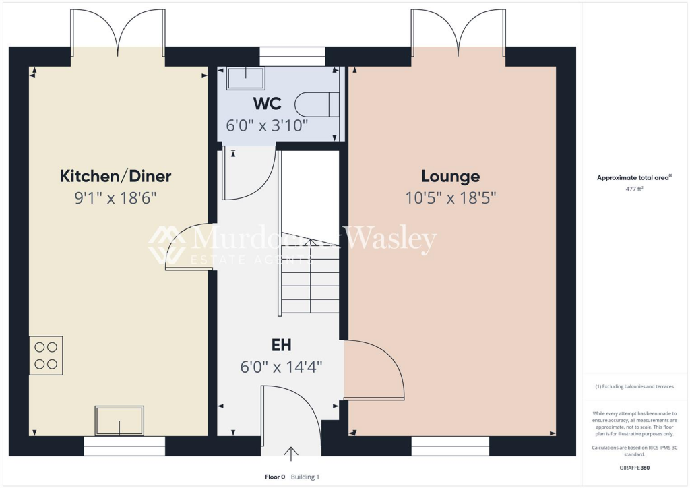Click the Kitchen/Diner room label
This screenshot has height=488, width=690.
click(116, 177)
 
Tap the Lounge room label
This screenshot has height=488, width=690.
click(450, 177)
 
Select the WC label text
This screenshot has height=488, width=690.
click(267, 104)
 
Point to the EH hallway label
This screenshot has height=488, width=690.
click(281, 346)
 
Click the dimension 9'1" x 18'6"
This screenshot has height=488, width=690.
click(116, 198)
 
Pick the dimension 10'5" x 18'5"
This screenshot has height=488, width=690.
click(450, 198)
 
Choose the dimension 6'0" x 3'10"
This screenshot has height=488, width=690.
click(267, 125)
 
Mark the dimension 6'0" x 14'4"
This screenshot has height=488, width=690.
click(281, 367)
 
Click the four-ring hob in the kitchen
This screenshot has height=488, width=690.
click(46, 355)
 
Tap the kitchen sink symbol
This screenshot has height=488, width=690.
click(119, 421)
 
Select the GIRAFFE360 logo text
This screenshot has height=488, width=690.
click(635, 468)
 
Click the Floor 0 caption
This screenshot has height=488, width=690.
click(275, 477)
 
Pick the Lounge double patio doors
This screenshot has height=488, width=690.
click(458, 32)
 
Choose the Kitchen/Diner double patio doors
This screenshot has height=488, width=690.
click(118, 32)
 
